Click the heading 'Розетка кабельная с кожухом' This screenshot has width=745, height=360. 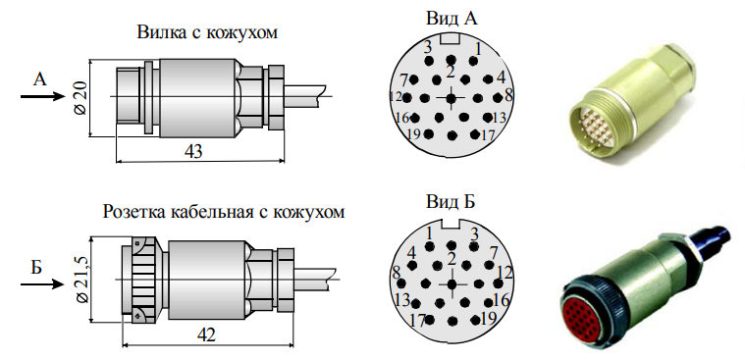(224, 212)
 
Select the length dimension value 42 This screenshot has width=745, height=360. (206, 334)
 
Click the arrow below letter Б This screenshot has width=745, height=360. (40, 285)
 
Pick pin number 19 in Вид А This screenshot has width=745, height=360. (413, 133)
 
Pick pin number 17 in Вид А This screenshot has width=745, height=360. (487, 133)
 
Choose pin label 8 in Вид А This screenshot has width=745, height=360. (508, 96)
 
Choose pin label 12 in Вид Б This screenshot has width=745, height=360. (506, 272)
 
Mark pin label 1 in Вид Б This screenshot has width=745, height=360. (429, 231)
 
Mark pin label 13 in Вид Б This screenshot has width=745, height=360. (400, 299)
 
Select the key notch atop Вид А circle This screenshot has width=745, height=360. (451, 40)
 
